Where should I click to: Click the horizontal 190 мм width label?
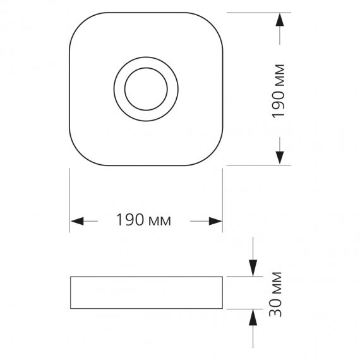click(x=144, y=220)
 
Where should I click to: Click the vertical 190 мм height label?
click(x=279, y=92)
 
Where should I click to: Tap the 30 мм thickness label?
click(x=275, y=294)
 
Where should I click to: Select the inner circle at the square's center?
click(x=146, y=89)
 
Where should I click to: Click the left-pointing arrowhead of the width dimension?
click(x=78, y=221)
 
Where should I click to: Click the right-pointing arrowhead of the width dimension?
click(x=215, y=221)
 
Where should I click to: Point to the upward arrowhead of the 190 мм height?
click(x=280, y=20)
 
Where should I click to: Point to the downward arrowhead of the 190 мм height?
click(x=280, y=158)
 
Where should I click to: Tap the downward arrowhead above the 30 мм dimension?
click(x=253, y=268)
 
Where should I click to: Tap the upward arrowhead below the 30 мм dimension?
click(x=253, y=318)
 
